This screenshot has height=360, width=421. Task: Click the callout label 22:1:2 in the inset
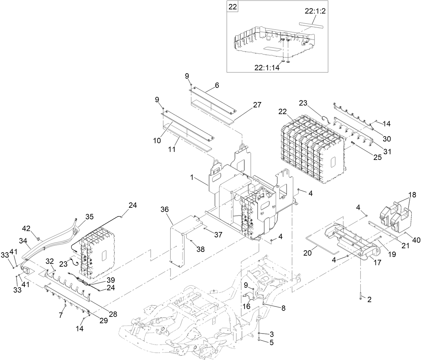coord(315,11)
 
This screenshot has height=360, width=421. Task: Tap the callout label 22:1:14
coord(266,67)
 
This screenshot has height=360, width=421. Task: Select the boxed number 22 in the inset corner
coord(232,7)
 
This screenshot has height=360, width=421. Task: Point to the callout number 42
coord(26,229)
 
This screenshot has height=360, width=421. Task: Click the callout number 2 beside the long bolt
coord(369,300)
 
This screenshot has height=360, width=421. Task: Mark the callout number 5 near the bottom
coord(271,342)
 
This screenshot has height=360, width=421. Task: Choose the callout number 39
coord(110,280)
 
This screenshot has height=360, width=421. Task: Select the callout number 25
coord(377,157)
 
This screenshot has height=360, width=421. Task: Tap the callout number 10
coord(157,141)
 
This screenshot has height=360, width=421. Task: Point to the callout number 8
coord(283,308)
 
